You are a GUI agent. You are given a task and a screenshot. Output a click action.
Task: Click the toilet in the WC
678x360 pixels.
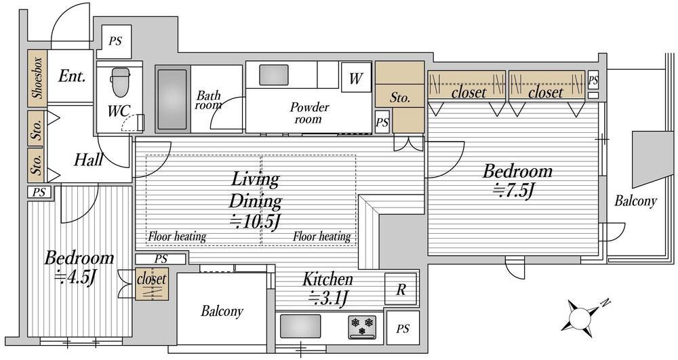pyautogui.click(x=120, y=83)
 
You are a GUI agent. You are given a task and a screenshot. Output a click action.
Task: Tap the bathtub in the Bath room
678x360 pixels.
pyautogui.click(x=172, y=100)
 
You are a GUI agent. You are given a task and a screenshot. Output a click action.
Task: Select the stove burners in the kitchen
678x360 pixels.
pyautogui.click(x=362, y=327)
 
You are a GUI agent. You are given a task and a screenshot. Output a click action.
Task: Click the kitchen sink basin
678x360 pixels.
pyautogui.click(x=300, y=326)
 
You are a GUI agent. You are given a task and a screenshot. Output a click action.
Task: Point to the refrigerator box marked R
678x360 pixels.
pyautogui.click(x=401, y=289)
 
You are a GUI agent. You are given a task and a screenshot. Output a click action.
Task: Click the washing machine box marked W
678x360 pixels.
pyautogui.click(x=356, y=78)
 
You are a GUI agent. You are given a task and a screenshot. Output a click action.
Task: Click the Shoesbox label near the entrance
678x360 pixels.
pyautogui.click(x=37, y=78)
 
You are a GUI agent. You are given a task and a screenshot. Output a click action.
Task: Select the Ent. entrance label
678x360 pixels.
pyautogui.click(x=72, y=77)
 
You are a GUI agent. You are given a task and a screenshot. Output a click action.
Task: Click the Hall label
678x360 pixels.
pyautogui.click(x=88, y=160)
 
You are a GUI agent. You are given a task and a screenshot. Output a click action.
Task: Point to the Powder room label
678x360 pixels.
pyautogui.click(x=309, y=113)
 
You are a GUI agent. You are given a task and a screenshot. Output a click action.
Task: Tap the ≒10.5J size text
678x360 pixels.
pyautogui.click(x=255, y=222)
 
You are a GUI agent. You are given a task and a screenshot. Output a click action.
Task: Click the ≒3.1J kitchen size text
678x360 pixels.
pyautogui.click(x=327, y=298)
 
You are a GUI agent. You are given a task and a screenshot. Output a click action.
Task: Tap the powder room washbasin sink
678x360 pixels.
pyautogui.click(x=274, y=75)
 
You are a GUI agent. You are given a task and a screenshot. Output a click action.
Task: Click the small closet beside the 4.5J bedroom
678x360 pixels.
pyautogui.click(x=151, y=284)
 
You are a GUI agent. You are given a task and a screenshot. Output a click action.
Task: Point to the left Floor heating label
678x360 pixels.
pyautogui.click(x=177, y=237)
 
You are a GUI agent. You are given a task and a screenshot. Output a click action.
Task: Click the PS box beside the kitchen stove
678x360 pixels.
pyautogui.click(x=403, y=328)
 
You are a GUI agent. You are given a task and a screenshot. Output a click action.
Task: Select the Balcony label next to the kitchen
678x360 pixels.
pyautogui.click(x=222, y=311)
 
